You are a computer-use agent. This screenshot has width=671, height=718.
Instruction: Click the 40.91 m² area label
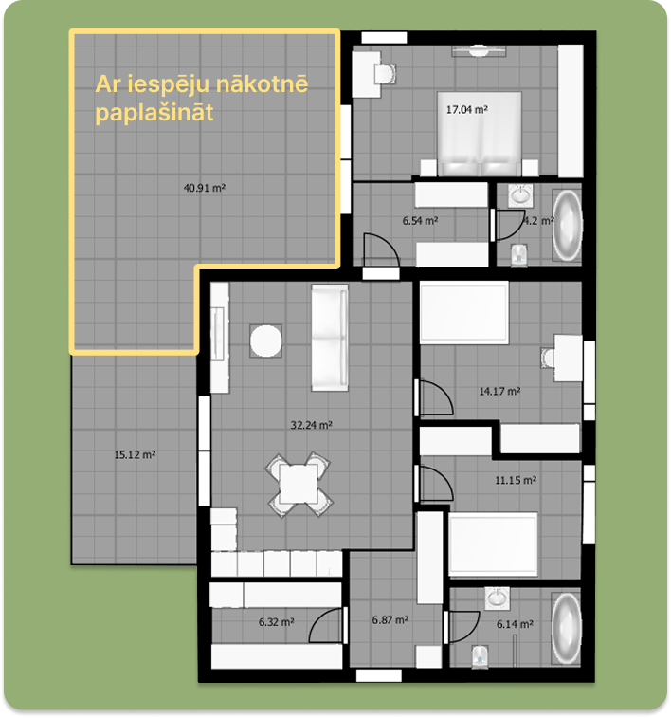pyautogui.click(x=204, y=188)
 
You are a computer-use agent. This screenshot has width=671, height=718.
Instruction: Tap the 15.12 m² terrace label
pyautogui.click(x=135, y=454)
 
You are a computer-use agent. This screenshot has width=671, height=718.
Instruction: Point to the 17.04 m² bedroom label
pyautogui.click(x=466, y=110)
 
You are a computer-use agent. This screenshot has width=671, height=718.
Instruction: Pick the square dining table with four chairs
pyautogui.click(x=299, y=484)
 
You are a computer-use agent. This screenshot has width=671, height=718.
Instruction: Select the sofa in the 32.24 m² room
pyautogui.click(x=328, y=339)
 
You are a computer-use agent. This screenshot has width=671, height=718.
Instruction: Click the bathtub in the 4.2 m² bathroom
pyautogui.click(x=567, y=227)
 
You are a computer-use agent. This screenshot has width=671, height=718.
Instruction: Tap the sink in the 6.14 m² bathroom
pyautogui.click(x=497, y=598)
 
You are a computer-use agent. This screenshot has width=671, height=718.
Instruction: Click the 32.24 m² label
pyautogui.click(x=311, y=426)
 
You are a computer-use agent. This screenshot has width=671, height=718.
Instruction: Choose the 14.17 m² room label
pyautogui.click(x=499, y=390)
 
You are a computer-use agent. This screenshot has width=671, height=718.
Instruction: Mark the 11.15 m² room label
pyautogui.click(x=517, y=480)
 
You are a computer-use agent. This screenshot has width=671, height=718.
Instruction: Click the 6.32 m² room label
pyautogui.click(x=276, y=623)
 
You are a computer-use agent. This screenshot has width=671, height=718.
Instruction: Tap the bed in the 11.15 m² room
pyautogui.click(x=492, y=545)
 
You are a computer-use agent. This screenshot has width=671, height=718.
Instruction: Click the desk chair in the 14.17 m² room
pyautogui.click(x=549, y=357)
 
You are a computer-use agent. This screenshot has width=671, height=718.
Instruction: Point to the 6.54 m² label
pyautogui.click(x=420, y=220)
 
